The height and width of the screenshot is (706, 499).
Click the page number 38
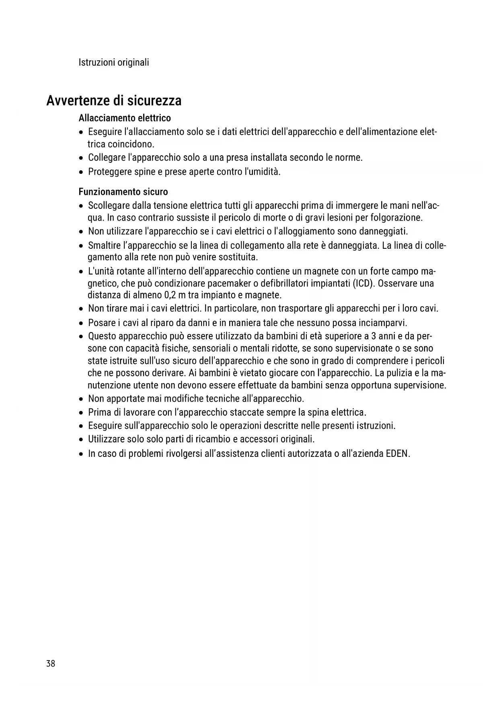[x=51, y=663]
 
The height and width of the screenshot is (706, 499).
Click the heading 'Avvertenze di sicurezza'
[x=114, y=100]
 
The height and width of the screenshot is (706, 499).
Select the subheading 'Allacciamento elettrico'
[x=125, y=118]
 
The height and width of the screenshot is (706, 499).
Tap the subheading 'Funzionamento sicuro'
[x=123, y=192]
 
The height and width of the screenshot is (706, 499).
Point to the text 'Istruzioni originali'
[x=114, y=62]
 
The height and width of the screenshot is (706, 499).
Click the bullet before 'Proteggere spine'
[x=81, y=172]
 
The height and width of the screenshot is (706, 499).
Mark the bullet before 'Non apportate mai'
[x=81, y=399]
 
